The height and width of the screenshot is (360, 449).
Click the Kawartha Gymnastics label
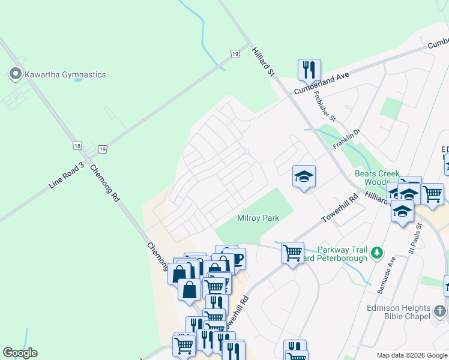[65, 74]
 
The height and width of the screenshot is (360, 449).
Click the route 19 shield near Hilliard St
[235, 54]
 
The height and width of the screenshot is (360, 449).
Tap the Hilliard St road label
[263, 61]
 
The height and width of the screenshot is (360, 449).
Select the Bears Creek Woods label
[376, 178]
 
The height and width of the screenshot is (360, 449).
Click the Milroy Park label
[258, 218]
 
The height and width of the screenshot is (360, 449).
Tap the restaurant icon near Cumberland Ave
[309, 70]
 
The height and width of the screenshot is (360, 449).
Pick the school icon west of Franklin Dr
[304, 176]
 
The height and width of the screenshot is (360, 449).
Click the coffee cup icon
[237, 259]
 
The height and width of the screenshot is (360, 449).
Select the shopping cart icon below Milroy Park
[292, 253]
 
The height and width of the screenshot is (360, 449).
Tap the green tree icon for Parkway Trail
[376, 252]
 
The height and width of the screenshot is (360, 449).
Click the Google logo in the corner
[20, 353]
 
